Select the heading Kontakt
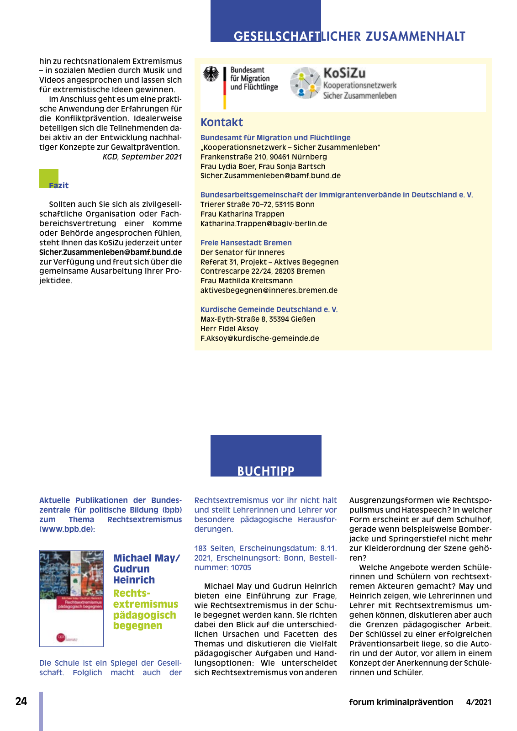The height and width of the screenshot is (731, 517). point(222,122)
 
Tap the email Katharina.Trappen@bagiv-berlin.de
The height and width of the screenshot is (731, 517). point(264,224)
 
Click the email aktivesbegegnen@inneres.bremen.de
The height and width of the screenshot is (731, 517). point(269,291)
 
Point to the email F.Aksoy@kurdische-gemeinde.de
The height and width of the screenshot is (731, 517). point(259,339)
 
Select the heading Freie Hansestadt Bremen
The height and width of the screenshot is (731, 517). point(246,243)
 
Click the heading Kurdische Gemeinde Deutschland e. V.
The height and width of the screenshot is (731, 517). point(269,310)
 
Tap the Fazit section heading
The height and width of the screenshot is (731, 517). point(58,185)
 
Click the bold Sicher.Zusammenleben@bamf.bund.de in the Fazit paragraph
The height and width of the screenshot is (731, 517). point(110,252)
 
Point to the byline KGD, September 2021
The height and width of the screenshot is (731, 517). point(142,157)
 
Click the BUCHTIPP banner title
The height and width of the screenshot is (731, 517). point(266,471)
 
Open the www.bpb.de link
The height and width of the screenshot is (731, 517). point(66,530)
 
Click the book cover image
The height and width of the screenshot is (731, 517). point(71,599)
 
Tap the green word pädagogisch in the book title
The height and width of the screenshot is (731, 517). point(144,615)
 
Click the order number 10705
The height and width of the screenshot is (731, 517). point(241,568)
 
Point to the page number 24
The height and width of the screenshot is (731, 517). point(21,702)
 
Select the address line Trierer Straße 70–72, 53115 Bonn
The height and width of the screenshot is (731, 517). point(257,205)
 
